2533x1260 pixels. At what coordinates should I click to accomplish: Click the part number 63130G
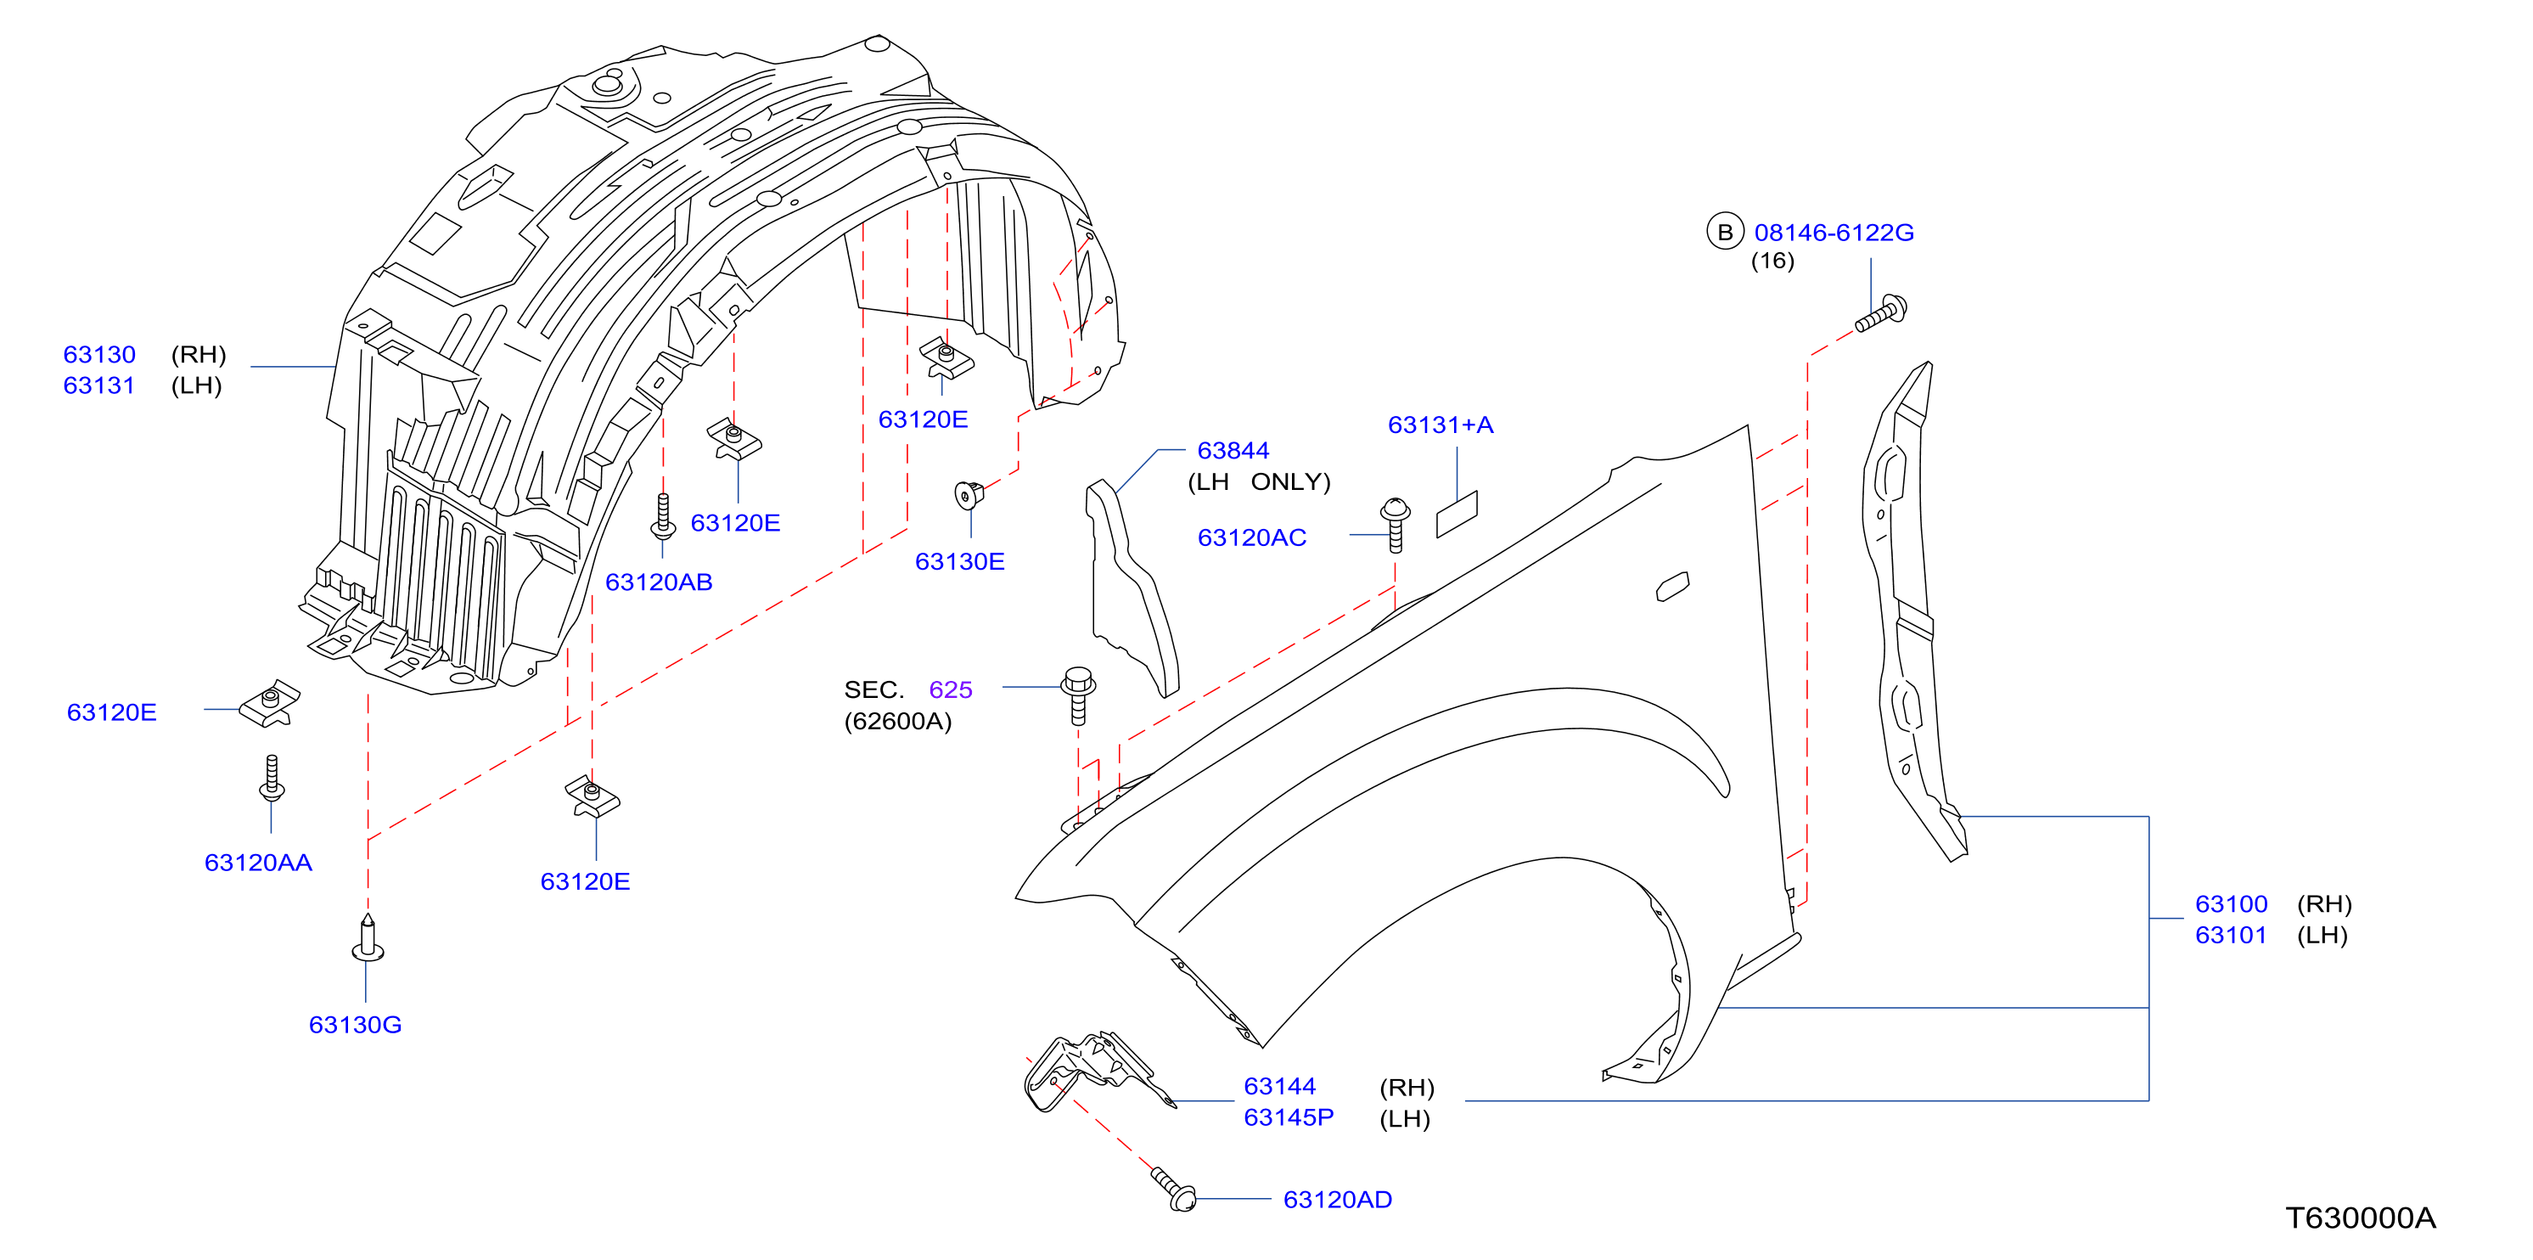pos(355,1025)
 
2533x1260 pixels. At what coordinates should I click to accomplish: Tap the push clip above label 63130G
pos(368,938)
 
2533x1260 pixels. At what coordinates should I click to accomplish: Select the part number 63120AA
pos(257,863)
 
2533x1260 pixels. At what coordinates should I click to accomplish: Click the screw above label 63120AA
pos(272,777)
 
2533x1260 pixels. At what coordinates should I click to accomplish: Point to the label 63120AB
pos(659,582)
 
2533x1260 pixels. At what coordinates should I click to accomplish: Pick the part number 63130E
pos(960,561)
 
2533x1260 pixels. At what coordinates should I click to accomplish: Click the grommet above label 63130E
pos(969,495)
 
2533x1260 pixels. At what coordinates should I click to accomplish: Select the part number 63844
pos(1233,451)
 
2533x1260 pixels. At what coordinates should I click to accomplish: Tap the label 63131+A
pos(1441,425)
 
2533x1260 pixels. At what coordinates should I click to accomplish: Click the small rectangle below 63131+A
pos(1457,515)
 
